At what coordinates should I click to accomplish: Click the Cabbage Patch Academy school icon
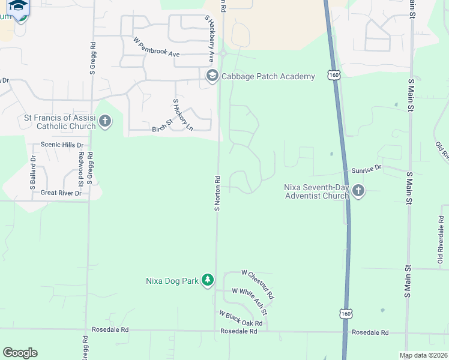[x=212, y=76]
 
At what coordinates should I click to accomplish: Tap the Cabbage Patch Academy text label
[x=268, y=76]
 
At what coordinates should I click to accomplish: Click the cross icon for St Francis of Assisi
[x=105, y=122]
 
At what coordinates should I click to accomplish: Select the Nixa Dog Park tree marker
[x=208, y=280]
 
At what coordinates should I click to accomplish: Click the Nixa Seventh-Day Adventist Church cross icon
[x=358, y=191]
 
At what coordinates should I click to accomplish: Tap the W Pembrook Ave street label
[x=157, y=47]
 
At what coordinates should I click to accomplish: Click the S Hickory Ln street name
[x=183, y=115]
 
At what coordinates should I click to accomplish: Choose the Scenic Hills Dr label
[x=62, y=145]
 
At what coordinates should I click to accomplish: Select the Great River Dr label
[x=61, y=193]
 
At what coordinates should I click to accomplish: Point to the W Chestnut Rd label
[x=258, y=284]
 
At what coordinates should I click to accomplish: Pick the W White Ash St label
[x=249, y=300]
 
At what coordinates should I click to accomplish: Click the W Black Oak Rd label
[x=241, y=318]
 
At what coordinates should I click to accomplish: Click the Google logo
[x=20, y=353]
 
